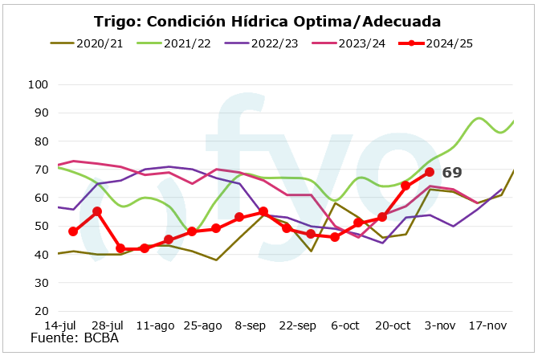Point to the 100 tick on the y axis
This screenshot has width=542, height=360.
[39, 84]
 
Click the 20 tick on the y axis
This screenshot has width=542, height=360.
[42, 311]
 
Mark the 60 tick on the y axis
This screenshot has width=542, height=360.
[42, 198]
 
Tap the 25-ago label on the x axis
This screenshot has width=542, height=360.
[202, 325]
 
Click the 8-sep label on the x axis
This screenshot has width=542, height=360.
[251, 325]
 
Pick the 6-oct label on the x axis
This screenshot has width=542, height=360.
[345, 325]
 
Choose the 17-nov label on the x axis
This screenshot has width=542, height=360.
[487, 325]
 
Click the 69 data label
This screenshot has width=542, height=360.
[452, 173]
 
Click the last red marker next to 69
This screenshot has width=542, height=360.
[430, 172]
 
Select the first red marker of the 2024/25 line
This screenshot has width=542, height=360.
[73, 231]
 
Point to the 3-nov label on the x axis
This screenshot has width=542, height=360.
[440, 325]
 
